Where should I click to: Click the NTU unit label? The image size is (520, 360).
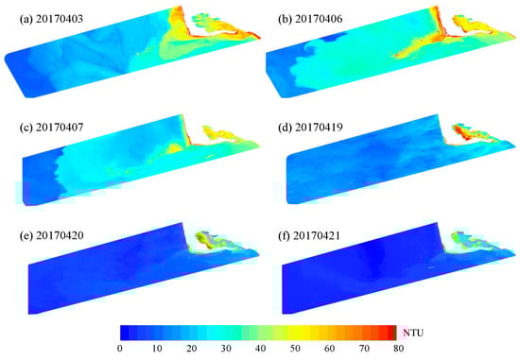coord(415,333)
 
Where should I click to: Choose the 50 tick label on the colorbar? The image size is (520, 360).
coord(293,350)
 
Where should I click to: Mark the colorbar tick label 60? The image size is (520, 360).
coord(327,350)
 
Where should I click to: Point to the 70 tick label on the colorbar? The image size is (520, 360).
coord(362,350)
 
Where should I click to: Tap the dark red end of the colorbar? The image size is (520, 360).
coord(391,332)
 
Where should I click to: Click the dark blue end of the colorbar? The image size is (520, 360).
coord(125,332)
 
